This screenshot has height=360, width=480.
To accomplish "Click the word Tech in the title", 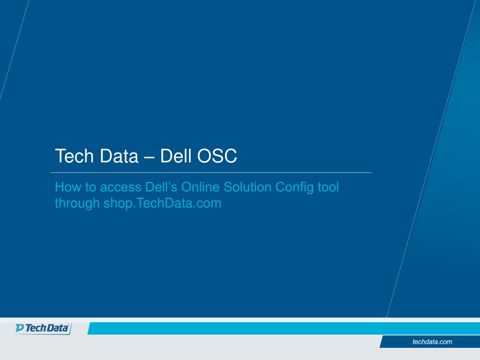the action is [x=74, y=156].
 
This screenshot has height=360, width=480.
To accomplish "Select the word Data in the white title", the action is [x=119, y=156].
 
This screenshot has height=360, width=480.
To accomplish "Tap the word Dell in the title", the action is [x=176, y=156].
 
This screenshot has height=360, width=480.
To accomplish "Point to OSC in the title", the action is [x=217, y=156].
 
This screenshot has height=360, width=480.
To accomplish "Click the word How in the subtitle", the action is [x=67, y=187].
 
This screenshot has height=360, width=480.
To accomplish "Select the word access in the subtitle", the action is [x=120, y=187].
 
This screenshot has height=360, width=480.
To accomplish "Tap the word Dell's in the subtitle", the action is [x=161, y=187].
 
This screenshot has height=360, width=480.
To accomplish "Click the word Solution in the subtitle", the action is [x=247, y=187].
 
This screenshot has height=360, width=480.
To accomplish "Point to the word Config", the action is [x=294, y=187].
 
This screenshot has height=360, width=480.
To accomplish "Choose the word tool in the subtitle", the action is [x=328, y=187].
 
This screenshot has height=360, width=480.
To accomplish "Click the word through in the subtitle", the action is [x=77, y=204].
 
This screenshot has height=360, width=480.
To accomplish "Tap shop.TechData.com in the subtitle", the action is [x=162, y=204].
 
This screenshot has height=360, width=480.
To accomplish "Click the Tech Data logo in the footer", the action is [x=43, y=328].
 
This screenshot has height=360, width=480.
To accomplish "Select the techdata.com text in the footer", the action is [x=432, y=342].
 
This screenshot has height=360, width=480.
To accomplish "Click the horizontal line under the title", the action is [x=211, y=172].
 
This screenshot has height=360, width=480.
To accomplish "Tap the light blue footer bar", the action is [x=284, y=329].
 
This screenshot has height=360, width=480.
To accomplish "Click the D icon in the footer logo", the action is [x=20, y=328].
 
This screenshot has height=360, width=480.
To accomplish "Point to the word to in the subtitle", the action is [x=90, y=187].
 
